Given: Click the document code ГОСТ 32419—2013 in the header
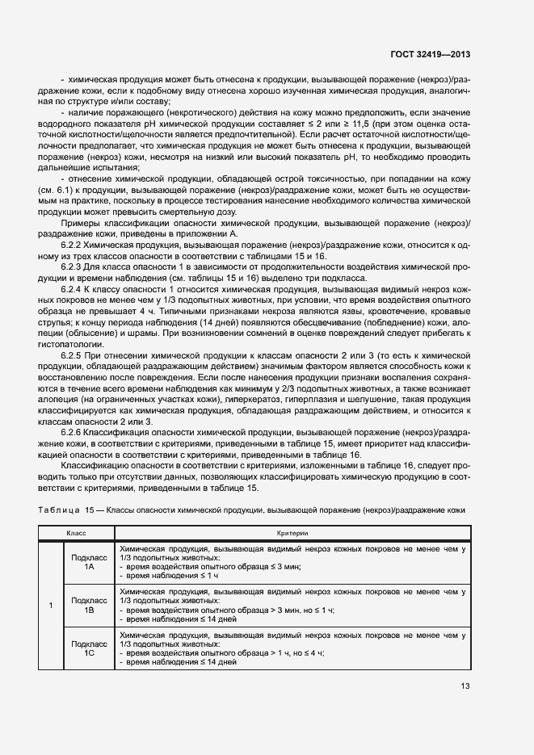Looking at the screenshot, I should (x=431, y=55).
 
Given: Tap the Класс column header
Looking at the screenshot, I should (x=76, y=534).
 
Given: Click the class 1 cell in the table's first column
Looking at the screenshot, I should (x=51, y=606).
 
